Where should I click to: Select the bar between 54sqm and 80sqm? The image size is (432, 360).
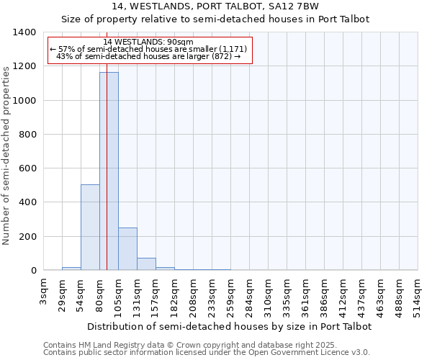[90, 228]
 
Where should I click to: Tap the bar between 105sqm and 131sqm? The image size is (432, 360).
[127, 249]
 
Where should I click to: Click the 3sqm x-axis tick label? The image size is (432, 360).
[44, 291]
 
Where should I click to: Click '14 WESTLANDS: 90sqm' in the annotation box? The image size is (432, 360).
[148, 42]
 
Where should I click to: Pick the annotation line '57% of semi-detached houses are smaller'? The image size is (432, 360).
[148, 49]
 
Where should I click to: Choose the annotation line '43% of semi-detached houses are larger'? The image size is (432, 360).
[148, 56]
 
